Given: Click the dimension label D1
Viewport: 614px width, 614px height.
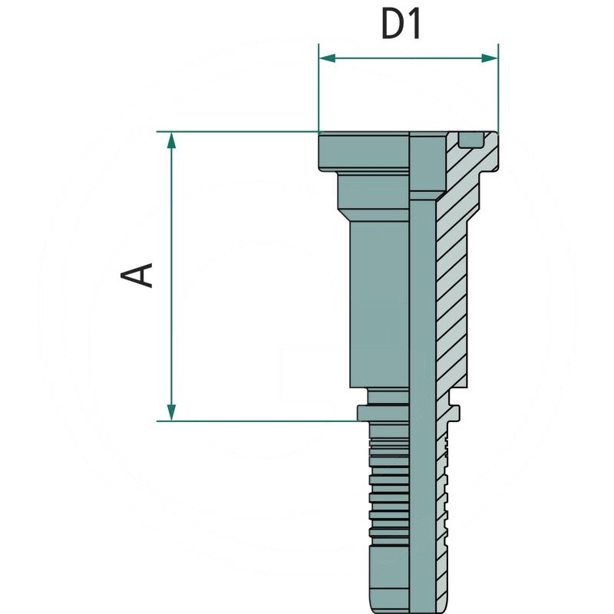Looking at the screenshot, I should click(x=401, y=25).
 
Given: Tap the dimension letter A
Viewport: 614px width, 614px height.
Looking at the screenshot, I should click(x=140, y=275).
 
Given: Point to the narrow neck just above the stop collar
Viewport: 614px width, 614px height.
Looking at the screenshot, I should click(x=388, y=396).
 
